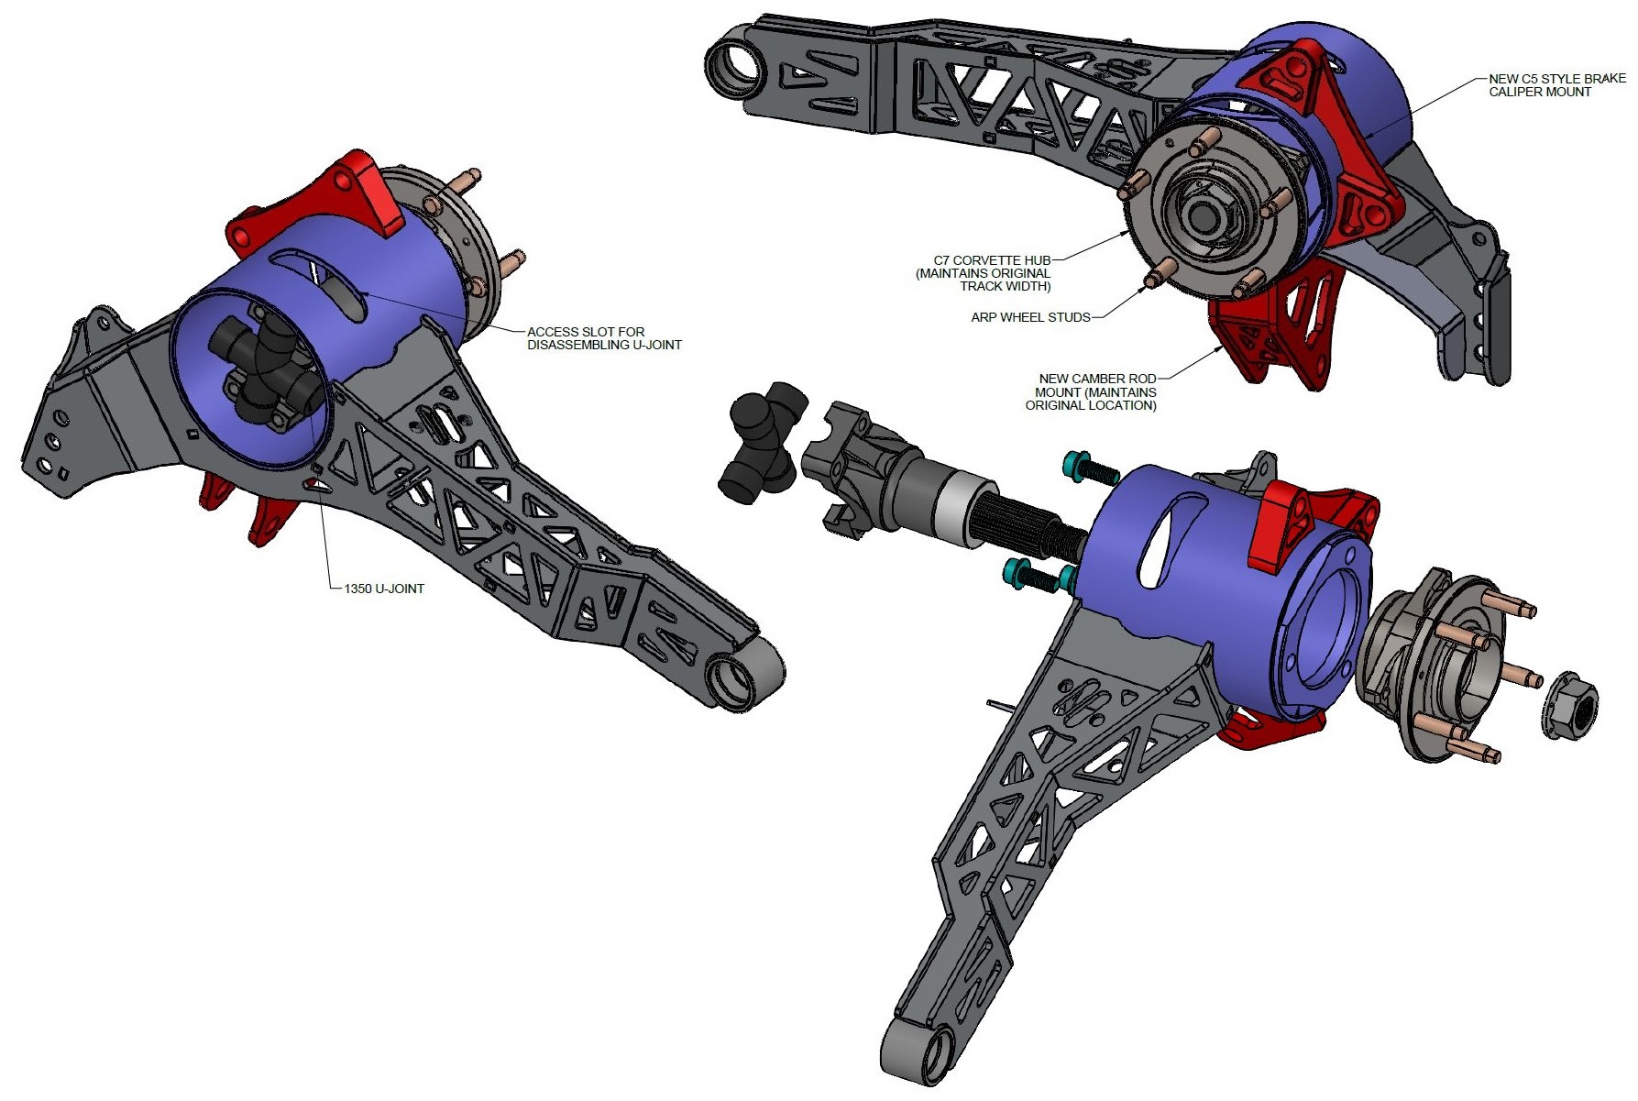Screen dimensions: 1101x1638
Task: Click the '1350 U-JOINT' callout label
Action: (384, 589)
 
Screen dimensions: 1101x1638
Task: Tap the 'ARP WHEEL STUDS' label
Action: (1030, 317)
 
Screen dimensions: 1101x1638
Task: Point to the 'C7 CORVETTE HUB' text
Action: (992, 260)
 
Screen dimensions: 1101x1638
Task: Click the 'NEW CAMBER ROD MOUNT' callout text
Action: (1096, 391)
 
